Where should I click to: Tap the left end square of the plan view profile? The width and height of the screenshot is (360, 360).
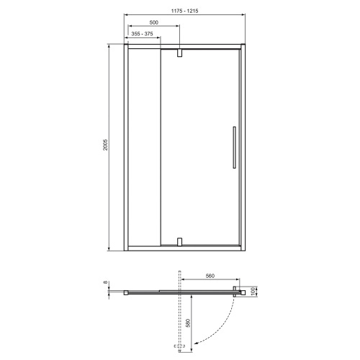pyautogui.click(x=127, y=292)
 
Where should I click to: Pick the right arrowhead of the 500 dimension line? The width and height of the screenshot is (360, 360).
pyautogui.click(x=179, y=28)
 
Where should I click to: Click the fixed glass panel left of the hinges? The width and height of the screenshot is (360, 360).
pyautogui.click(x=143, y=148)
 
